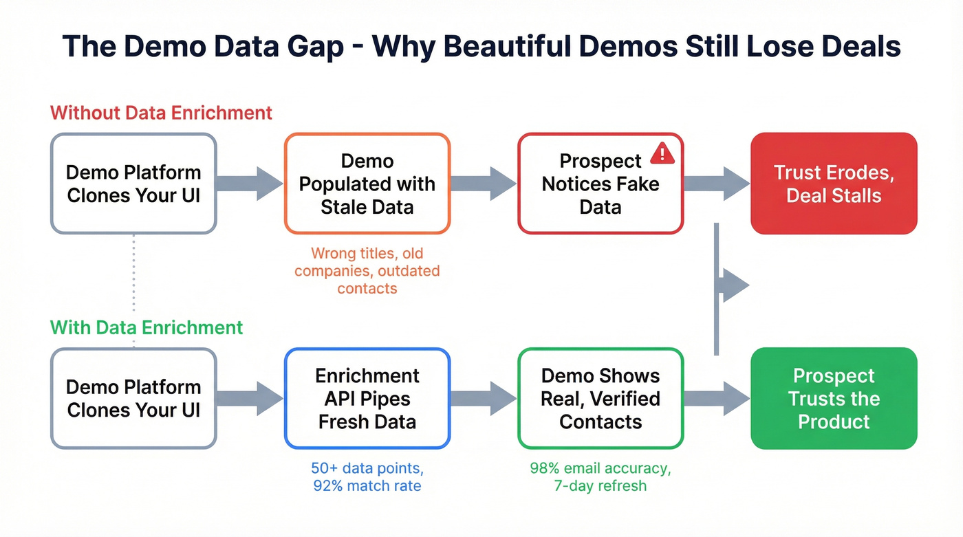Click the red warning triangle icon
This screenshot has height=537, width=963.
[662, 153]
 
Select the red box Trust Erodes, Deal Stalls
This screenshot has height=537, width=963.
[834, 184]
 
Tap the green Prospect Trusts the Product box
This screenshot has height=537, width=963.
[834, 398]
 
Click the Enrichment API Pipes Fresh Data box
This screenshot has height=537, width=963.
[367, 398]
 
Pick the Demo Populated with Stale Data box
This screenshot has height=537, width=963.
[367, 184]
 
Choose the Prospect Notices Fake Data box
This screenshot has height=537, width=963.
[600, 184]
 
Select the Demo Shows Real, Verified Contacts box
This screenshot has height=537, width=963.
[600, 398]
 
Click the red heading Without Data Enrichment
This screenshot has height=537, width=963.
[161, 113]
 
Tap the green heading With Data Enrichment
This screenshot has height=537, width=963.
[147, 327]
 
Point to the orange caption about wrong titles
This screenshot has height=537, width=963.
[367, 271]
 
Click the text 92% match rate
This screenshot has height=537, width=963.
[367, 486]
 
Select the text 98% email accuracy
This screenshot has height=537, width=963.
[600, 468]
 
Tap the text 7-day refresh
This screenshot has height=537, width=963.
[600, 486]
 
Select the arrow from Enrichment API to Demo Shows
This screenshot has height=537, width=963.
[483, 398]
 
